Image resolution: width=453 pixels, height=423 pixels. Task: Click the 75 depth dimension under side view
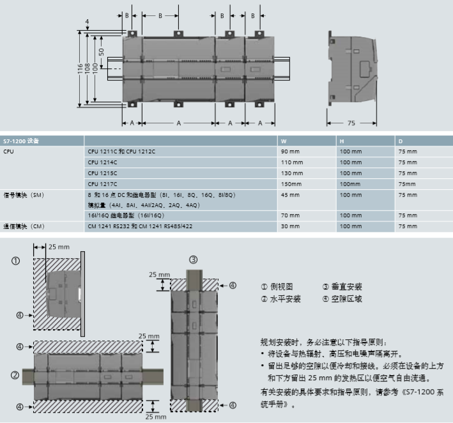tap(351, 122)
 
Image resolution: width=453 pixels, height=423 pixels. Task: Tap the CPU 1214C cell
tap(103, 162)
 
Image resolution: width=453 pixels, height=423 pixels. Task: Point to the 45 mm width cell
tap(290, 194)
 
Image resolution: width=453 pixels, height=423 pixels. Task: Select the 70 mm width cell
tap(290, 216)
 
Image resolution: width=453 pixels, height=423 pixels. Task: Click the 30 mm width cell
tap(290, 226)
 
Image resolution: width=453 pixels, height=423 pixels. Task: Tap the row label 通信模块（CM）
tap(24, 226)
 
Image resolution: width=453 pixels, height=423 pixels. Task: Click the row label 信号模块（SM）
tap(24, 194)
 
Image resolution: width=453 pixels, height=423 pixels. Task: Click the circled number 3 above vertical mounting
tap(194, 259)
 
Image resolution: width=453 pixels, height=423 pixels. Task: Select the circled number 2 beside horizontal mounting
tap(15, 375)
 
